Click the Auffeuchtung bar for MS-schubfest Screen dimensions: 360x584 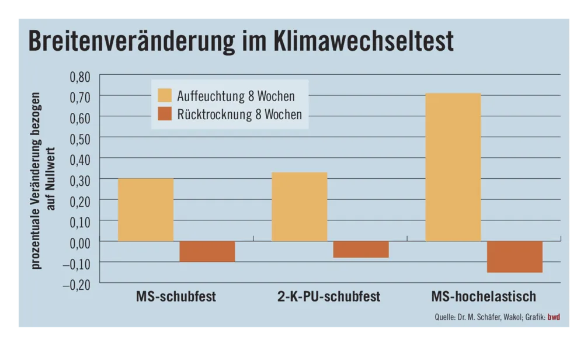[145, 209]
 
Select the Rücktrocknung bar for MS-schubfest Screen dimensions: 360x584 [207, 251]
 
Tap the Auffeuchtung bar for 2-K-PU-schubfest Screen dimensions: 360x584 [299, 206]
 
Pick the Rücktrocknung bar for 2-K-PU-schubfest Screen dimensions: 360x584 [360, 250]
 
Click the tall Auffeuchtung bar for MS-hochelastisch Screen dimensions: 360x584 [453, 167]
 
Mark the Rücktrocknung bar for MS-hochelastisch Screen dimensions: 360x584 [515, 257]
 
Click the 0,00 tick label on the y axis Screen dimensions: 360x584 [81, 241]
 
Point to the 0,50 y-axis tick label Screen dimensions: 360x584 [81, 138]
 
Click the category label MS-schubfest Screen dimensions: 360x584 [176, 296]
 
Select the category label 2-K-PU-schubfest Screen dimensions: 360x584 [329, 296]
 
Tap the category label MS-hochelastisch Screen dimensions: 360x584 [484, 296]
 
